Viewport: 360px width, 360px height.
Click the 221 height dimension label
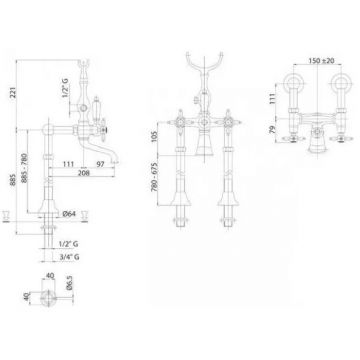click(13, 91)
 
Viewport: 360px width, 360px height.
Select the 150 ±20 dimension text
click(321, 61)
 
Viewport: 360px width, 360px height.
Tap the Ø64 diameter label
click(70, 214)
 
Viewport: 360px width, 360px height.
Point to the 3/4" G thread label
click(69, 257)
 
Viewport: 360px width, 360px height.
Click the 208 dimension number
click(84, 173)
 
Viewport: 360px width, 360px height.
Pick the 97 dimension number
click(101, 164)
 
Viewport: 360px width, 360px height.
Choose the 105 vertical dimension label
click(154, 136)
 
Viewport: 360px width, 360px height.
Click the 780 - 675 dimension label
click(155, 179)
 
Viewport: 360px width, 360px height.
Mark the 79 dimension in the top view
click(272, 129)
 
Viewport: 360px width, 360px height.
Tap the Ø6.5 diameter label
click(69, 282)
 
